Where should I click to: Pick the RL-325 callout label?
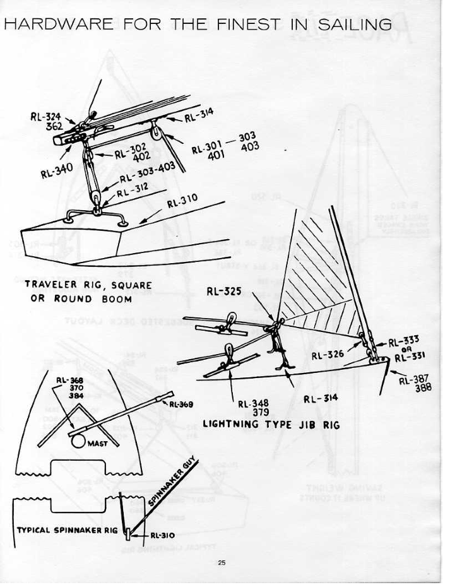(x=224, y=292)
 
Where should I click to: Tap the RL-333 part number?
(x=403, y=343)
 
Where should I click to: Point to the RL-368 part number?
(x=68, y=380)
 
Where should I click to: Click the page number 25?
(x=222, y=563)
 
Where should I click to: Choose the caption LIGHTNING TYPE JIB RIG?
(x=271, y=425)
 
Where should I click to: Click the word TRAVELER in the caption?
(x=50, y=285)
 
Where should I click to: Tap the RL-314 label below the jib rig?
(x=321, y=398)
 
